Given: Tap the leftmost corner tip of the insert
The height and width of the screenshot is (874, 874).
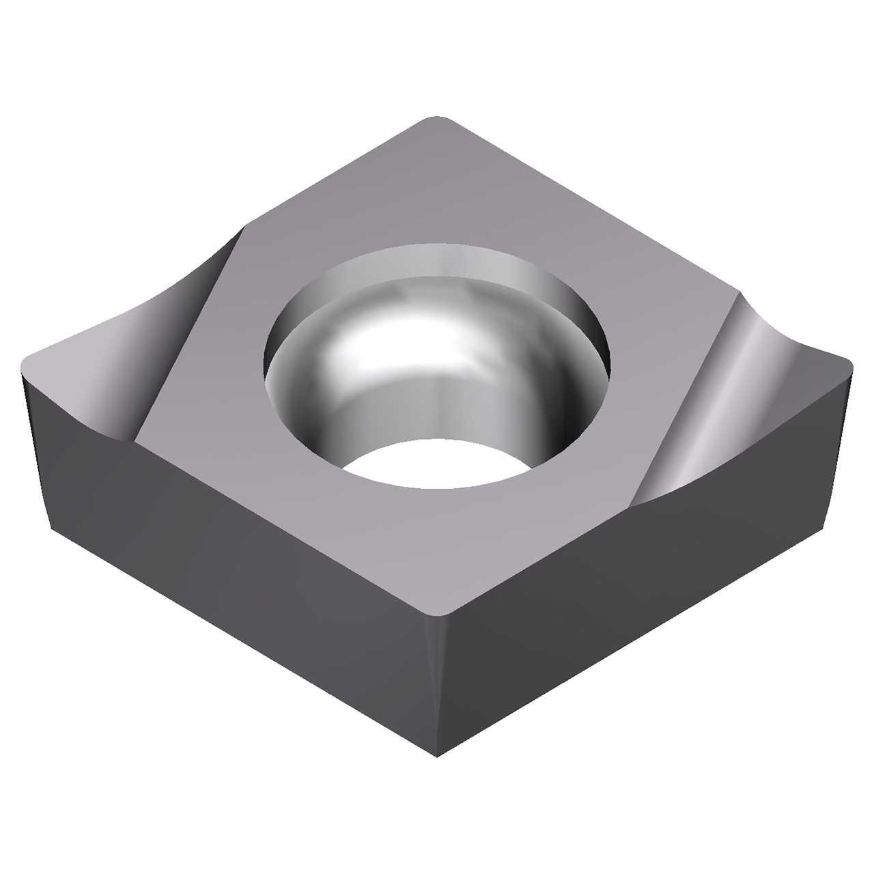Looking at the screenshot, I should (x=24, y=363).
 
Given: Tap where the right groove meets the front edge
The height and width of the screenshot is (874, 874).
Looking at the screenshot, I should (x=632, y=505).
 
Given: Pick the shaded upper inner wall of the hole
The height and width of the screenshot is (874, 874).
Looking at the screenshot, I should (x=437, y=263).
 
